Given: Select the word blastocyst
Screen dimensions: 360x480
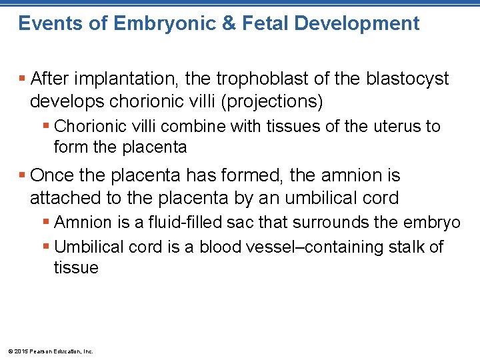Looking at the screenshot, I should point(407,79).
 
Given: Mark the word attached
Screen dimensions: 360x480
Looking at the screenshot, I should point(61,198).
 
